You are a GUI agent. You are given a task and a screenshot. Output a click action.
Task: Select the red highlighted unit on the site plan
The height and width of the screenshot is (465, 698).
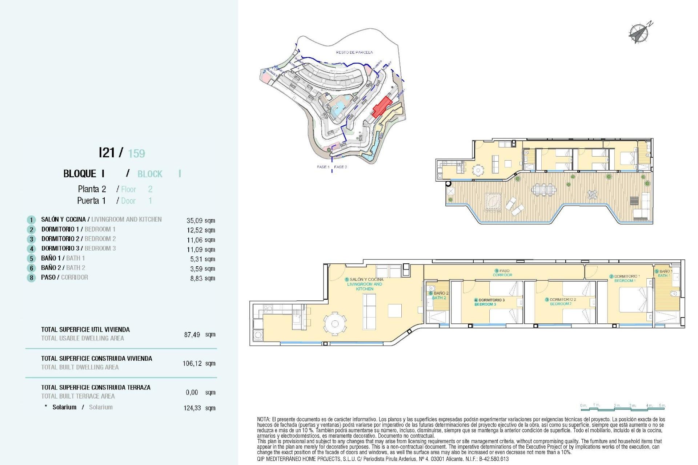[x=381, y=106]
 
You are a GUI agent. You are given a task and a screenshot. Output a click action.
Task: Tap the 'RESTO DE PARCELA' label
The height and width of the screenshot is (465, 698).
[x=354, y=52]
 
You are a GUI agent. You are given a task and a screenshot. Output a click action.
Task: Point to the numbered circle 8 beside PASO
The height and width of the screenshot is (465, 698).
[x=31, y=278]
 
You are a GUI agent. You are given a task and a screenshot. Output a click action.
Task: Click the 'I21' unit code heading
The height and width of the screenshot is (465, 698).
[x=107, y=153]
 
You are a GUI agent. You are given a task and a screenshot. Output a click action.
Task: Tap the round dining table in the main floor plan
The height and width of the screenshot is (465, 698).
[x=335, y=323]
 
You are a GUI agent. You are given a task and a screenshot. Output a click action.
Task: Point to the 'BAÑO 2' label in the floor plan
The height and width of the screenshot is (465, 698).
[x=441, y=293]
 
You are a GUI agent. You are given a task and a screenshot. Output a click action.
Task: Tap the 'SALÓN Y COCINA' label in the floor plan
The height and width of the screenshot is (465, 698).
[x=366, y=279]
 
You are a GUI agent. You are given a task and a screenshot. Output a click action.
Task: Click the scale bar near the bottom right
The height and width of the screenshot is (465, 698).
[x=623, y=408]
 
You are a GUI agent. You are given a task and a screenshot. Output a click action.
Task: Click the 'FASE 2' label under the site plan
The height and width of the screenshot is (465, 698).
[x=340, y=167]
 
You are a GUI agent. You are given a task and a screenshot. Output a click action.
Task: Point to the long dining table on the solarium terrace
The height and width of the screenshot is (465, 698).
[x=544, y=189]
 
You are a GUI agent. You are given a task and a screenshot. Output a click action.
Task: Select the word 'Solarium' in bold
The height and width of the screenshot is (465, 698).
[x=64, y=407]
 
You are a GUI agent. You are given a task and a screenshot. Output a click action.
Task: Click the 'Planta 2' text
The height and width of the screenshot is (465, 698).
[x=92, y=189]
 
